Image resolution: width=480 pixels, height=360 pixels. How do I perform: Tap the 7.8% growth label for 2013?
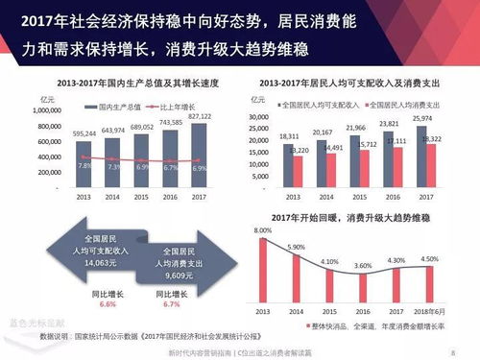pyautogui.click(x=84, y=165)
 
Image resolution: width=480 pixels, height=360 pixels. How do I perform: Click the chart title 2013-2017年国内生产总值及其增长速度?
pyautogui.click(x=135, y=84)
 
